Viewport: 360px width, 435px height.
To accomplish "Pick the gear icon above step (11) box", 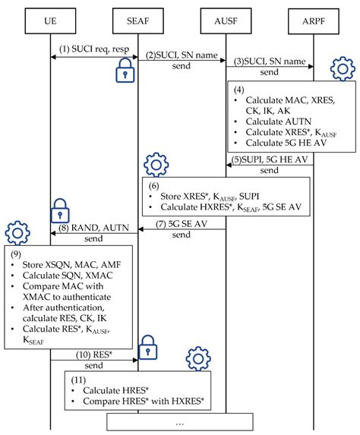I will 199,358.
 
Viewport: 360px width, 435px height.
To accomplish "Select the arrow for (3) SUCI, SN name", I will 270,65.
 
